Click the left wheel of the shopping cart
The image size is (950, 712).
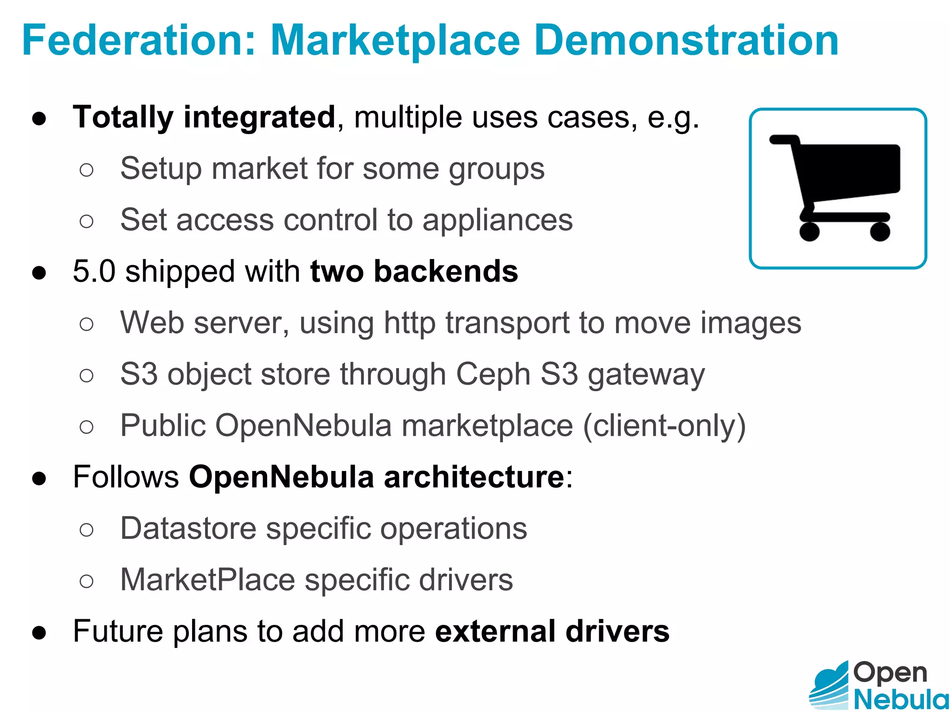809,231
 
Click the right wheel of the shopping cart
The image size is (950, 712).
880,231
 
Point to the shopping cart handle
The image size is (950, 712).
784,140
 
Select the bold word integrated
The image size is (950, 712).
259,117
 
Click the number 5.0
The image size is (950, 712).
94,271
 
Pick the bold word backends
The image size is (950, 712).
446,271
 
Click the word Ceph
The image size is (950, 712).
493,374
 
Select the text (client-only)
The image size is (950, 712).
664,426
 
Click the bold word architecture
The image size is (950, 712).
474,477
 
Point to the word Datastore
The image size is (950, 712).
188,528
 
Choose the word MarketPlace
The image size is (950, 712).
207,580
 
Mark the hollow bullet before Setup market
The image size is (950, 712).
86,170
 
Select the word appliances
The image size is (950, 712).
497,220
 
